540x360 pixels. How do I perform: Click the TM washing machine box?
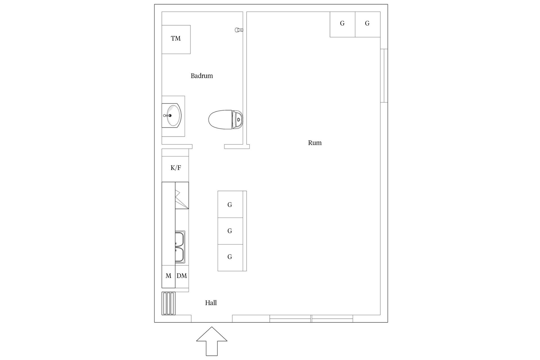[x=176, y=39]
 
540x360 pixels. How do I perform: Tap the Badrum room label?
[x=202, y=76]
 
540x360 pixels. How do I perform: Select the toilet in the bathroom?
[x=225, y=120]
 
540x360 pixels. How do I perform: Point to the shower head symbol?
[x=239, y=30]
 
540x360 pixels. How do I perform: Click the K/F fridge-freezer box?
[x=175, y=168]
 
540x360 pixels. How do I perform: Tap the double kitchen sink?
[x=180, y=247]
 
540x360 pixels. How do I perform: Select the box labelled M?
[x=168, y=276]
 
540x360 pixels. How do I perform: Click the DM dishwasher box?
[x=182, y=276]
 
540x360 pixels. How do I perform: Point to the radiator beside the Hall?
[x=168, y=303]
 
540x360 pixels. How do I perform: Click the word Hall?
[x=211, y=303]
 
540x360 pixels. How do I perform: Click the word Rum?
[x=315, y=143]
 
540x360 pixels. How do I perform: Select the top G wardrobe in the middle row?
[x=230, y=204]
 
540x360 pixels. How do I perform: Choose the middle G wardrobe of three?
[x=230, y=231]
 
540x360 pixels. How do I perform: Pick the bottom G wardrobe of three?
[x=230, y=257]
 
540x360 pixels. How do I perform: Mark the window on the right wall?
[x=384, y=76]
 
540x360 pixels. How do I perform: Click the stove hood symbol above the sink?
[x=182, y=195]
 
